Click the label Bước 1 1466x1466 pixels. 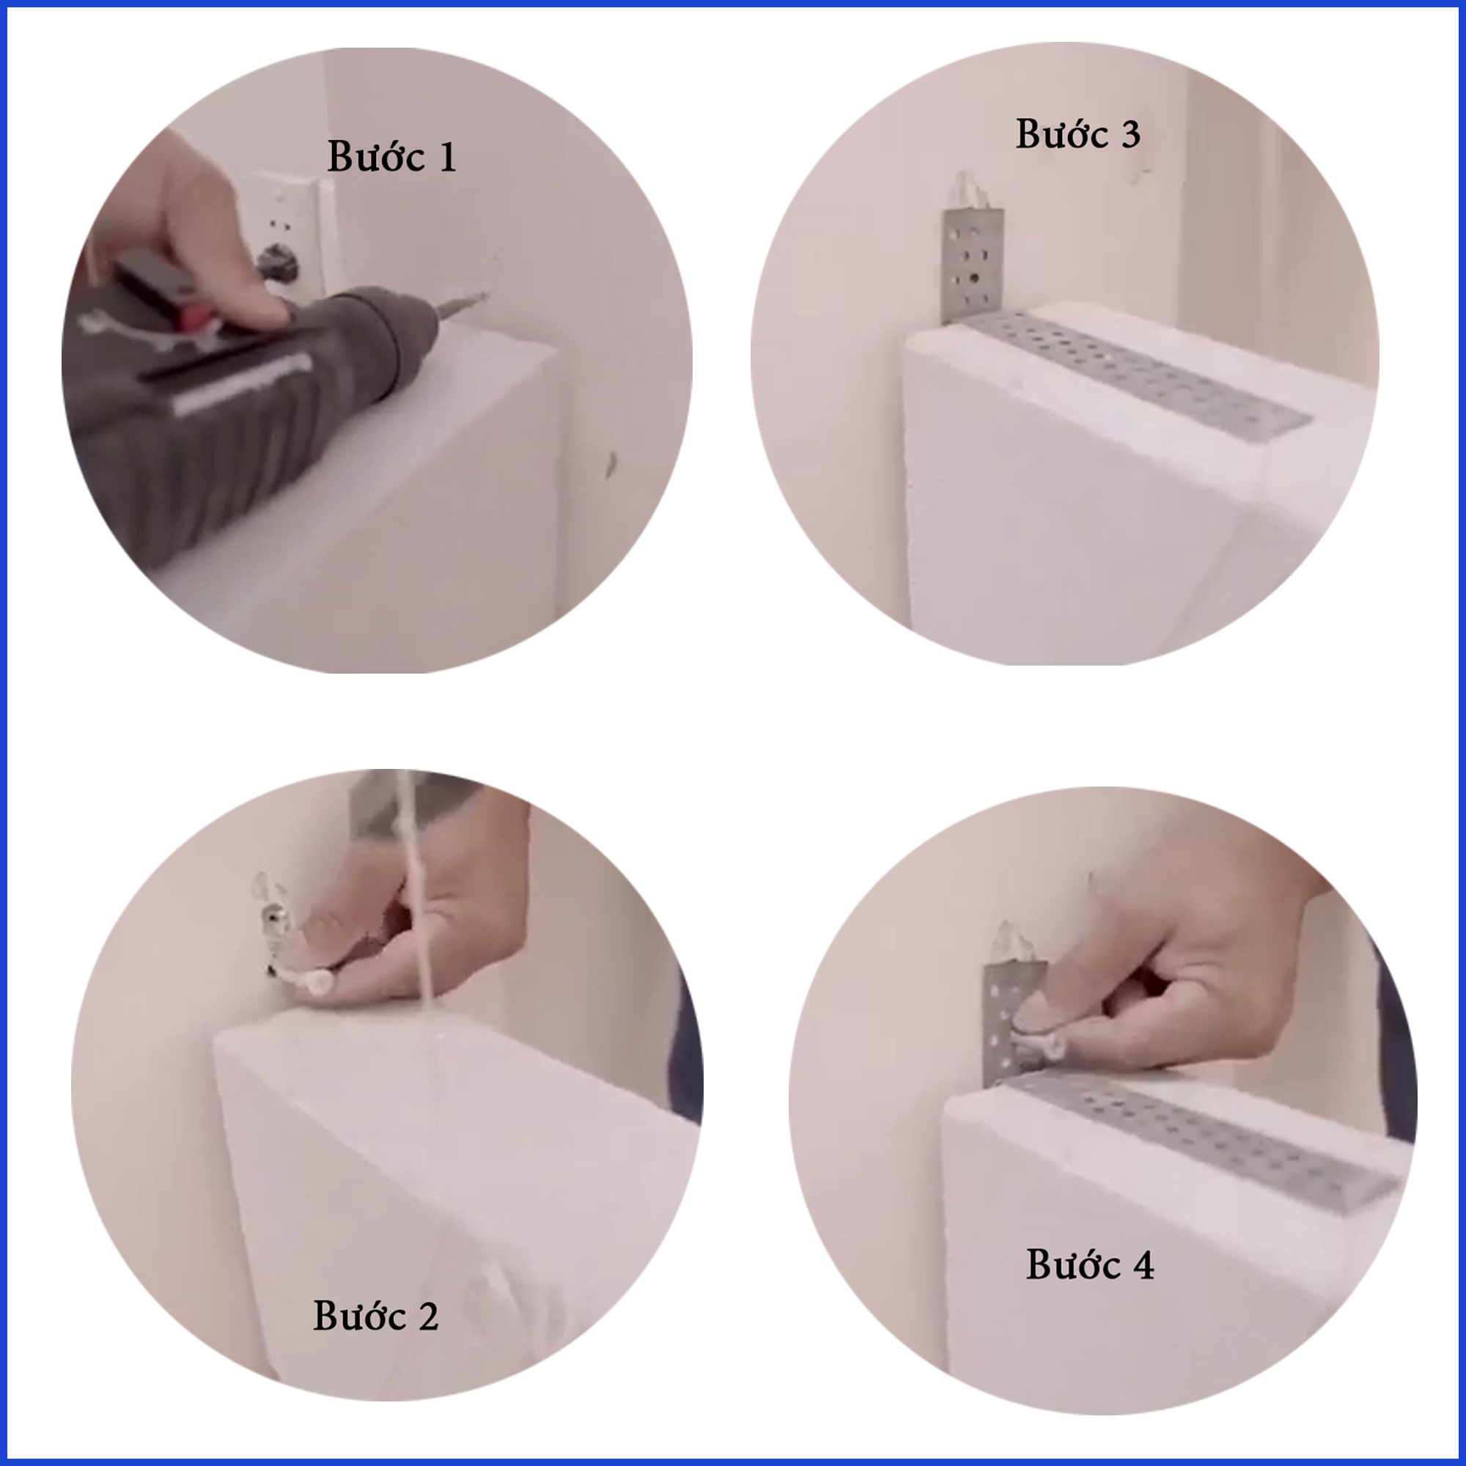pyautogui.click(x=391, y=157)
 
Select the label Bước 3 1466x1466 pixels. pyautogui.click(x=1078, y=133)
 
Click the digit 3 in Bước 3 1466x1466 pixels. pyautogui.click(x=1130, y=135)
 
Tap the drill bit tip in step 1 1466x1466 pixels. pyautogui.click(x=483, y=295)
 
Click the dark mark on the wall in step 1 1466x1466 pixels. pyautogui.click(x=610, y=465)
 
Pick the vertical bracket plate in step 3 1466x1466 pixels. pyautogui.click(x=973, y=265)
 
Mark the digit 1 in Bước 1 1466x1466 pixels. pyautogui.click(x=448, y=158)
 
